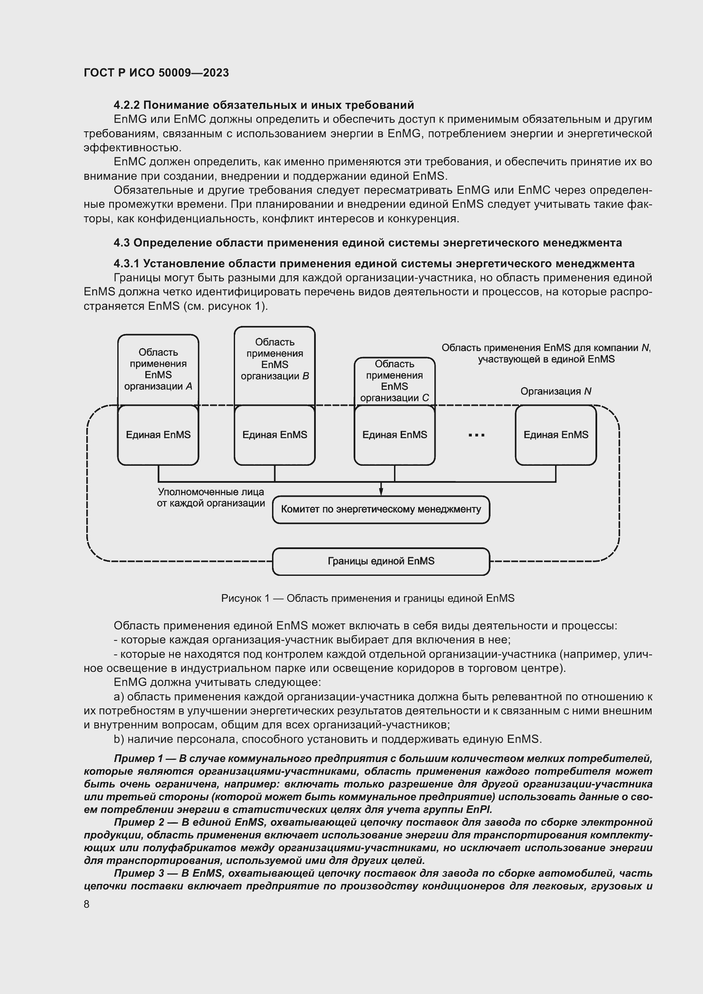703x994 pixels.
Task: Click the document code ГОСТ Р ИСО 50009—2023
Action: [156, 73]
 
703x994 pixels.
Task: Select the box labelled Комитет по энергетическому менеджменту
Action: [380, 510]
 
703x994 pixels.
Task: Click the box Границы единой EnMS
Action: [380, 561]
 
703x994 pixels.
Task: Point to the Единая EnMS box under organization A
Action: [158, 435]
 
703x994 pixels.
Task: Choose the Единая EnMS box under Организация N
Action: [556, 435]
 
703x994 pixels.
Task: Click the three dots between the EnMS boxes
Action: [476, 436]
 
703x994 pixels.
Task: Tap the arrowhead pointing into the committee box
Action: [381, 492]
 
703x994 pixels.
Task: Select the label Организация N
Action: [556, 391]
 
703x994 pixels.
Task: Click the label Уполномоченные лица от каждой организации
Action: [211, 498]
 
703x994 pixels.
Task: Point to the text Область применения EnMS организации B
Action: [275, 359]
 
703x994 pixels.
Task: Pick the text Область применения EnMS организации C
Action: [394, 381]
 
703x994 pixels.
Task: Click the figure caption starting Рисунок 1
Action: [368, 598]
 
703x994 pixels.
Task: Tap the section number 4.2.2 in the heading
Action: [126, 105]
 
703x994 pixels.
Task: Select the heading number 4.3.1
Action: [126, 263]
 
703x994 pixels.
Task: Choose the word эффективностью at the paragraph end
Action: [132, 147]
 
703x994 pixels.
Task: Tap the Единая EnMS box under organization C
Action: [394, 435]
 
